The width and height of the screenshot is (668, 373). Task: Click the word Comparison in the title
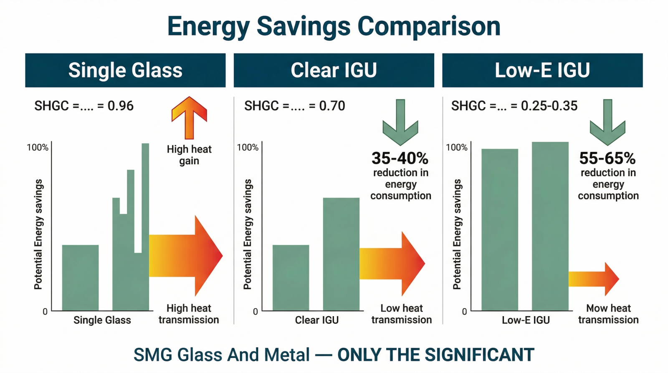click(x=429, y=26)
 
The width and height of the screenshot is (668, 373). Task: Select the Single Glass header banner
click(x=125, y=70)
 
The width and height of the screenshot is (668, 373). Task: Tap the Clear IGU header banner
click(x=334, y=70)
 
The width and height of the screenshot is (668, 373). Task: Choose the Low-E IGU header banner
click(x=542, y=70)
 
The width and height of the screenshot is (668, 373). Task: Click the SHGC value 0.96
click(x=121, y=106)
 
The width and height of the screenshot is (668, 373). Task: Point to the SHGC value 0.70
click(x=332, y=106)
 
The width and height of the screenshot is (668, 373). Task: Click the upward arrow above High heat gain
click(x=189, y=117)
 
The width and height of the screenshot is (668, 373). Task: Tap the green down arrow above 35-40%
click(x=400, y=122)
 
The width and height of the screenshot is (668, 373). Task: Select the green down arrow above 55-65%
click(x=607, y=122)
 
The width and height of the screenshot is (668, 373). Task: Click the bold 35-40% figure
click(x=400, y=159)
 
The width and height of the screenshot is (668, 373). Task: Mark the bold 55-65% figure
click(x=607, y=159)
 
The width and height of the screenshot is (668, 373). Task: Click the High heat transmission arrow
click(x=186, y=256)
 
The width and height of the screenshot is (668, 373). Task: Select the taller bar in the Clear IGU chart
click(x=341, y=254)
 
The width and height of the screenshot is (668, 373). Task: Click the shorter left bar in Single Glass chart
click(x=80, y=278)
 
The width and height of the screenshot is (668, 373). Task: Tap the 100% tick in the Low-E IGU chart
click(x=456, y=147)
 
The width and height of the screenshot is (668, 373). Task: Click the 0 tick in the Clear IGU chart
click(x=256, y=312)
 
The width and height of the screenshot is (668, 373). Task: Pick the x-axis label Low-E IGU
click(x=526, y=320)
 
